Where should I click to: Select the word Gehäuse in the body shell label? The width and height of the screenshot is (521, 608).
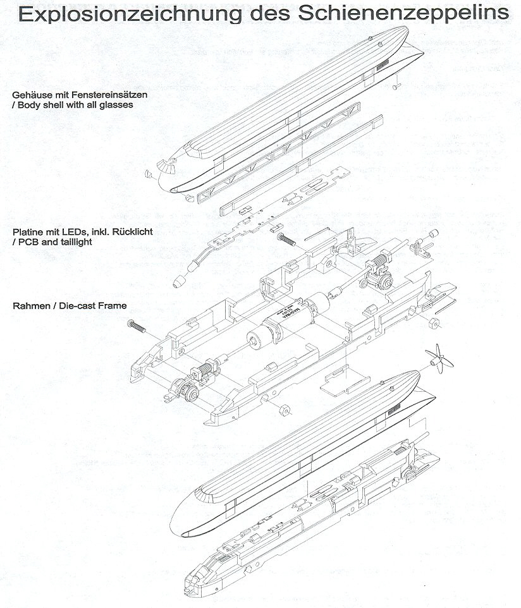[31, 95]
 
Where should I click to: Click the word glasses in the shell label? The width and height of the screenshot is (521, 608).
[118, 104]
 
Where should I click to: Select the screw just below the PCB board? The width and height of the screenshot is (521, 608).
[286, 239]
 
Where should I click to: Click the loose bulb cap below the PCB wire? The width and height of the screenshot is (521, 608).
[180, 279]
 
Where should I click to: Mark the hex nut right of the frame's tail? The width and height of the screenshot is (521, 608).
[433, 324]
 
